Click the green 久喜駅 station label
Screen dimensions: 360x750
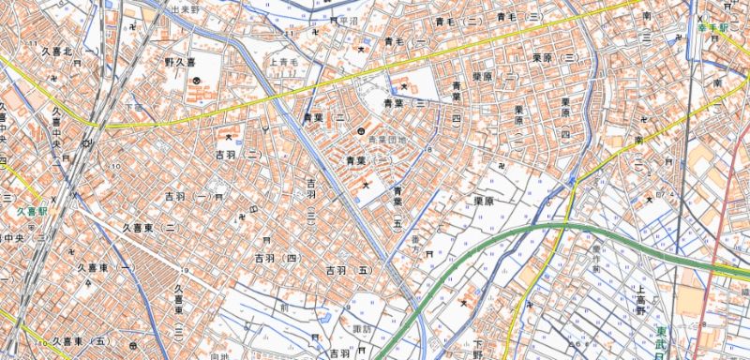click(32, 212)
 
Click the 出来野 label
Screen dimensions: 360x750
click(187, 9)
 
